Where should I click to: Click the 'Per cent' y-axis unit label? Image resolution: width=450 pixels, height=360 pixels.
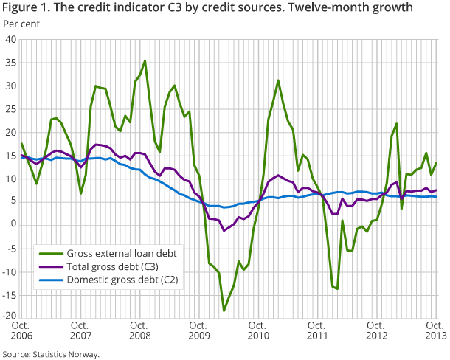pos(21,24)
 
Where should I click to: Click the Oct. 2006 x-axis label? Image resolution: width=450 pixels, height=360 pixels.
pos(22,331)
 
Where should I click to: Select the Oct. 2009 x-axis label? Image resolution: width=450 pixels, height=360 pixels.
pos(198,331)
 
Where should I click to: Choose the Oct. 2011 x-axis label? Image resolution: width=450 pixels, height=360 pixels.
pos(317,331)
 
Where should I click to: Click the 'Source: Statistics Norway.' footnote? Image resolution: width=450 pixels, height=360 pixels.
pos(50,354)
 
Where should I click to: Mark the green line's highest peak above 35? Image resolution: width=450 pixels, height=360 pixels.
pos(145,60)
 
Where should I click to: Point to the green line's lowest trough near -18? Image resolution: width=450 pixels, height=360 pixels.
pos(224,311)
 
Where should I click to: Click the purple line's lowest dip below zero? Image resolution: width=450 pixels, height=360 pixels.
pos(224,231)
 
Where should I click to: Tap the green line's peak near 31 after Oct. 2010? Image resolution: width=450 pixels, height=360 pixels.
pos(278,80)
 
